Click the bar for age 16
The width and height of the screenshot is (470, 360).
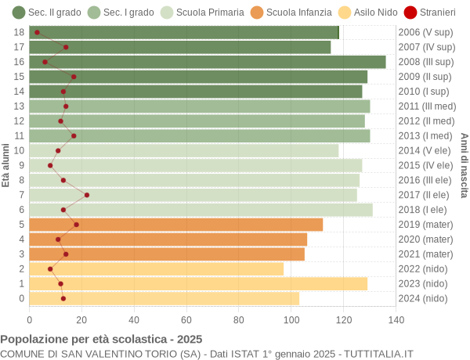pyautogui.click(x=208, y=62)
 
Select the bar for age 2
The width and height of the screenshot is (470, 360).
pyautogui.click(x=157, y=268)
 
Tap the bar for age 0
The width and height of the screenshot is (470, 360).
pyautogui.click(x=164, y=298)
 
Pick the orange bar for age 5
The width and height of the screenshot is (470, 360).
pyautogui.click(x=176, y=225)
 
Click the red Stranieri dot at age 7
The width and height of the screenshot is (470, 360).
pyautogui.click(x=87, y=195)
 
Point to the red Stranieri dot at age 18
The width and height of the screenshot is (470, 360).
pyautogui.click(x=37, y=32)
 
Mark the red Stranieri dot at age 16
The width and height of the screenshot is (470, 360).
pyautogui.click(x=45, y=62)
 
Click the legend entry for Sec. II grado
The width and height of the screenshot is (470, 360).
pyautogui.click(x=46, y=13)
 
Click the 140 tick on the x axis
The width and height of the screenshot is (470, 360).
pyautogui.click(x=396, y=319)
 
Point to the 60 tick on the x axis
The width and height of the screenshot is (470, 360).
pyautogui.click(x=186, y=319)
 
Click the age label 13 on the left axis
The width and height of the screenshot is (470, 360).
pyautogui.click(x=19, y=106)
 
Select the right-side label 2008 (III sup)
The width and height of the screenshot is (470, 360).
pyautogui.click(x=425, y=62)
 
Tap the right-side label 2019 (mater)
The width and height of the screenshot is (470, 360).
pyautogui.click(x=425, y=225)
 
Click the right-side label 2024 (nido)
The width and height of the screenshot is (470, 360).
pyautogui.click(x=423, y=298)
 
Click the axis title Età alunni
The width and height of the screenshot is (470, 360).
pyautogui.click(x=6, y=165)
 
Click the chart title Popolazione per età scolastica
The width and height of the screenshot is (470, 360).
pyautogui.click(x=101, y=340)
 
